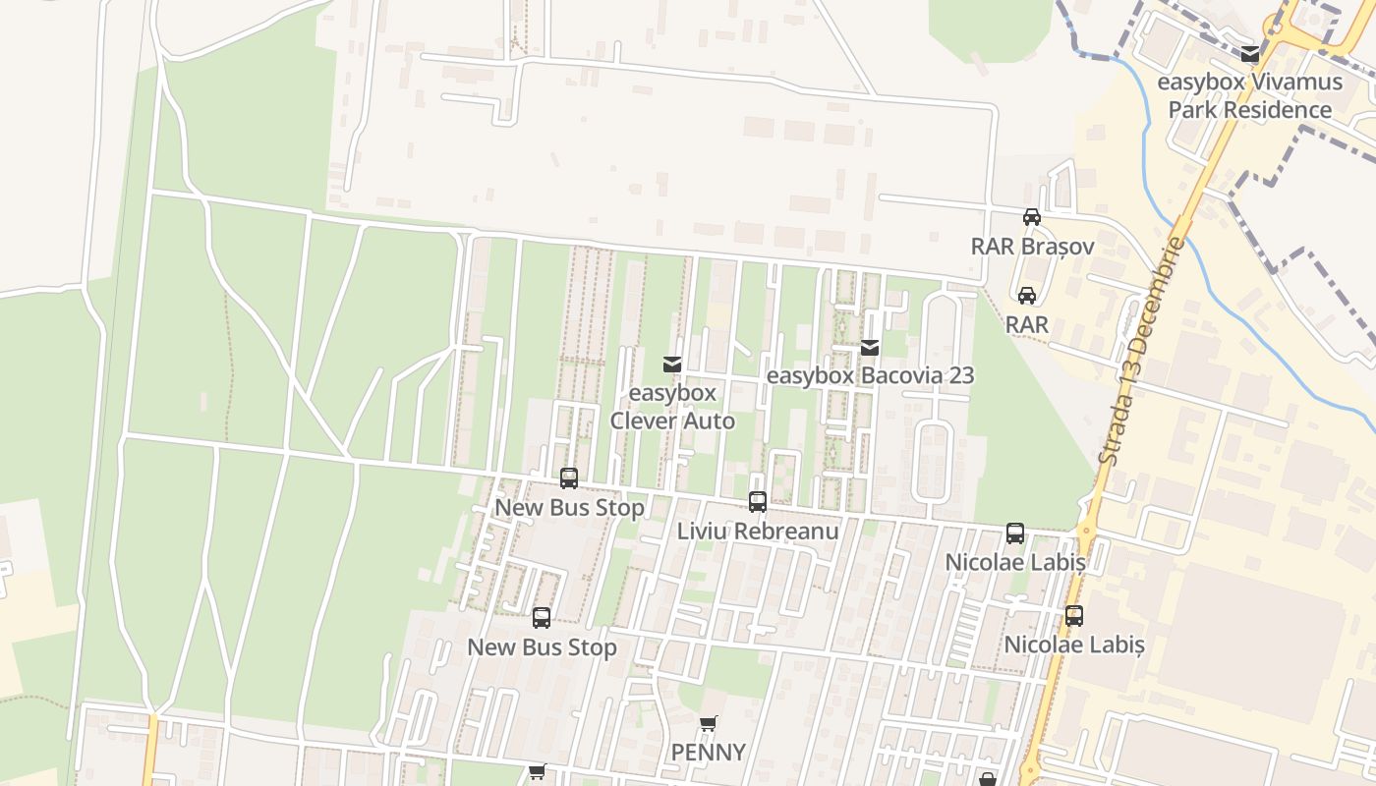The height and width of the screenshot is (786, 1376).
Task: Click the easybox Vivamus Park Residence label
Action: click(x=1249, y=95)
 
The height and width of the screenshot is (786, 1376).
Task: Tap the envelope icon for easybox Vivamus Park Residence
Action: click(x=1249, y=55)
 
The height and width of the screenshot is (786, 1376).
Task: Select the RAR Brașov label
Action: click(x=1032, y=246)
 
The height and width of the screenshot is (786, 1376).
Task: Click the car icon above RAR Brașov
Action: click(x=1031, y=217)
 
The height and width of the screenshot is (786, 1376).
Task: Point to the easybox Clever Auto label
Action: click(x=672, y=407)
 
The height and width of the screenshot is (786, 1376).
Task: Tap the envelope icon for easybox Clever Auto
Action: click(x=672, y=365)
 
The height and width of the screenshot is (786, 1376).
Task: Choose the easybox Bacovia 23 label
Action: click(x=869, y=375)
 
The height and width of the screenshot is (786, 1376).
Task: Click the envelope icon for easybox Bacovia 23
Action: click(x=869, y=347)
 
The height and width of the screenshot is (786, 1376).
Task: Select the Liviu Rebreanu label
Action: click(x=758, y=532)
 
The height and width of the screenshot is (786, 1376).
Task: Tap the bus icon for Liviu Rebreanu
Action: click(x=758, y=502)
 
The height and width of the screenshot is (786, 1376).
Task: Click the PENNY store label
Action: click(x=708, y=753)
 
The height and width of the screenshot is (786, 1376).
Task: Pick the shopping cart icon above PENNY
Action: click(x=708, y=724)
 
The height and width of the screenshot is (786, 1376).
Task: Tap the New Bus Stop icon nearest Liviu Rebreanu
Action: click(x=569, y=478)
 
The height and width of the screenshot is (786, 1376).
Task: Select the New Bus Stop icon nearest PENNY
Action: click(x=542, y=618)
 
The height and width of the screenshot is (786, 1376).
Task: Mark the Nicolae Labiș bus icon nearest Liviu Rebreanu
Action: click(x=1015, y=533)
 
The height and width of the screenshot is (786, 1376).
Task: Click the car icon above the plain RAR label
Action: click(x=1027, y=295)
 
